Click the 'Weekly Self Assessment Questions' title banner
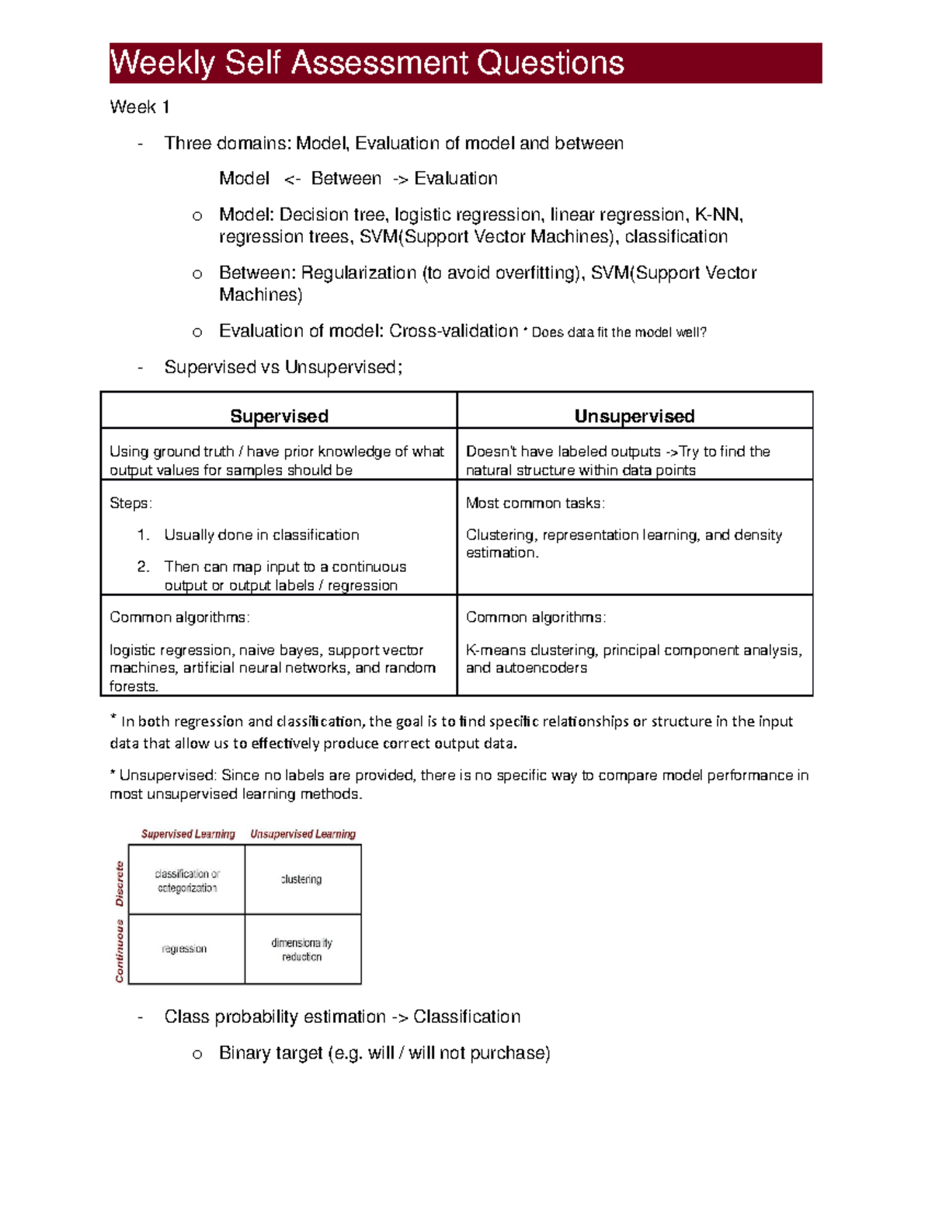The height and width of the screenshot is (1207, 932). (465, 63)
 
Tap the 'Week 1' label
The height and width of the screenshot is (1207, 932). (140, 107)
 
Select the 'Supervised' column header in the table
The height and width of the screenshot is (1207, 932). (279, 416)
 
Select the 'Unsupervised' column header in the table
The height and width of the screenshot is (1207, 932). (635, 416)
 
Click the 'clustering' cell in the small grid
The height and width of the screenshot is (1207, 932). (301, 879)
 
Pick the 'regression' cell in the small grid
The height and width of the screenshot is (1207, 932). (184, 949)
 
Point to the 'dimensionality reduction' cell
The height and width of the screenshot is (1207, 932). (301, 949)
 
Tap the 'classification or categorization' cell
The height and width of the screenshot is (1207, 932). (187, 880)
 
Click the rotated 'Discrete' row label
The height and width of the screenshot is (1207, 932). (120, 884)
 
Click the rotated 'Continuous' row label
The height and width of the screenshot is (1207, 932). (120, 951)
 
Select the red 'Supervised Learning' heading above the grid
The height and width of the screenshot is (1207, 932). (188, 834)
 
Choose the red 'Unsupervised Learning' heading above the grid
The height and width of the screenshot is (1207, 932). (303, 834)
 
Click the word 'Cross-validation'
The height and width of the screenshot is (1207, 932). (454, 331)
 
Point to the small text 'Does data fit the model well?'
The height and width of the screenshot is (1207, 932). (619, 333)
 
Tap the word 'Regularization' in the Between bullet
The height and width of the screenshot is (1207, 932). (359, 273)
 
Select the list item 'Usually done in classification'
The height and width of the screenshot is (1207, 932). (262, 535)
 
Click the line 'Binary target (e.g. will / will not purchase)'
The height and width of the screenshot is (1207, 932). (384, 1053)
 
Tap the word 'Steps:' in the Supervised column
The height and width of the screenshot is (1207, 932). (130, 503)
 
